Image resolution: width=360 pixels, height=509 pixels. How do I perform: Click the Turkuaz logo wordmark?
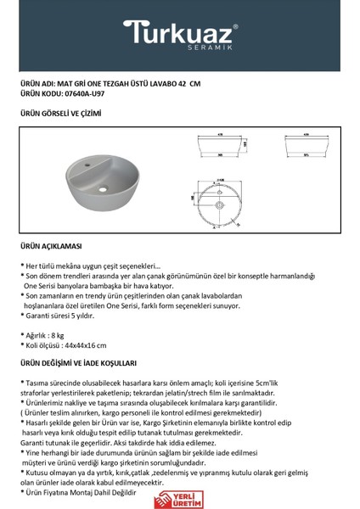[179, 32]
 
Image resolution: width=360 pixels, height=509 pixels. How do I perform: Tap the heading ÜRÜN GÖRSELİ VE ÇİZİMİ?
[59, 112]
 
